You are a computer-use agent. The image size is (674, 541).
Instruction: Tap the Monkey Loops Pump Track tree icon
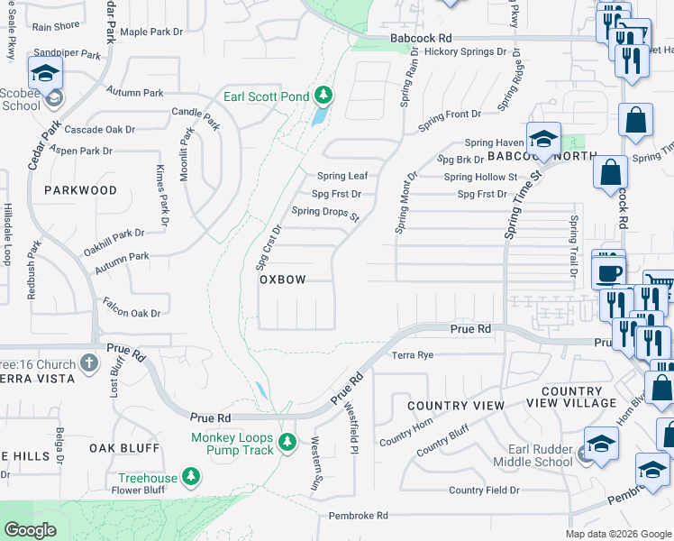[x=287, y=441]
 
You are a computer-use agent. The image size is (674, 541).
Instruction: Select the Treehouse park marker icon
[x=190, y=474]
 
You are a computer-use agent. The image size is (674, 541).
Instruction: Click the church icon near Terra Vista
[x=88, y=362]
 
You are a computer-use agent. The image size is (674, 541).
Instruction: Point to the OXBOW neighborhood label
[x=283, y=280]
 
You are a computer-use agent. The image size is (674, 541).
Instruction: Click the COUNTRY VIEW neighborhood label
[x=456, y=406]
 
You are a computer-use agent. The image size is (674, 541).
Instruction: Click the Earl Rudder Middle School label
[x=533, y=456]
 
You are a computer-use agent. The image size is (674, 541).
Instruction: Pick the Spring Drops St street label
[x=325, y=214]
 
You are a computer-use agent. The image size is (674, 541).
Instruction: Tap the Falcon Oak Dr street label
[x=131, y=307]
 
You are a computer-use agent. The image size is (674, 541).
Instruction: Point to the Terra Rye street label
[x=413, y=355]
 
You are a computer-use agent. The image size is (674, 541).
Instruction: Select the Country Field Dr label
[x=484, y=491]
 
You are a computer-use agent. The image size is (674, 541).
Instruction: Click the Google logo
[x=30, y=530]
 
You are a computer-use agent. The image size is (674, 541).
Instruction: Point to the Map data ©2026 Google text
[x=617, y=533]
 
